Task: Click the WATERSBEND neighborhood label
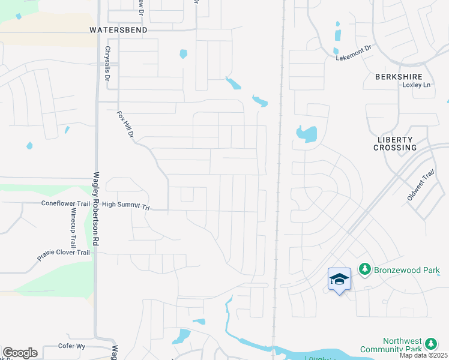[118, 29]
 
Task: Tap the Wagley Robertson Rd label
[95, 209]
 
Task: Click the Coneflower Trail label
[65, 203]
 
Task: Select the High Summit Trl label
[125, 205]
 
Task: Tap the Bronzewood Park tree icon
[364, 270]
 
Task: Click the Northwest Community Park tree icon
[430, 344]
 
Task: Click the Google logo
[20, 353]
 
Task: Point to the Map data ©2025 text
[423, 355]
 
